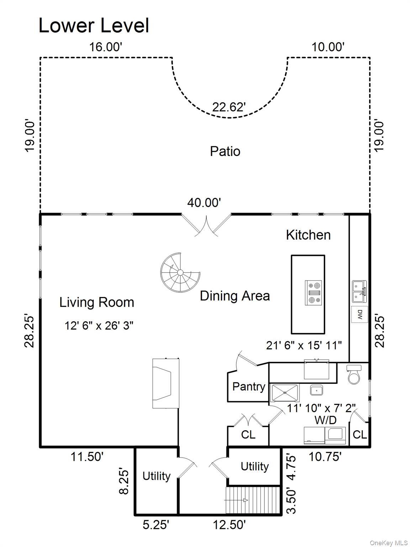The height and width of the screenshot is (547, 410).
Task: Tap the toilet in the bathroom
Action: pyautogui.click(x=354, y=375)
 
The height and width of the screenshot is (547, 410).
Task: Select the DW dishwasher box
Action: pyautogui.click(x=360, y=314)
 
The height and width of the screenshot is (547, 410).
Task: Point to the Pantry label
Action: pyautogui.click(x=249, y=387)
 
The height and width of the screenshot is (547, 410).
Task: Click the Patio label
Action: pyautogui.click(x=225, y=151)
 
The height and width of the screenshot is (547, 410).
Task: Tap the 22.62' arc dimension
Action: pyautogui.click(x=229, y=107)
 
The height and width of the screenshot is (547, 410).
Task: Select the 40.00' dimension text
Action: pyautogui.click(x=204, y=203)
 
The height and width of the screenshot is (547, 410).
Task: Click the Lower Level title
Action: pyautogui.click(x=94, y=26)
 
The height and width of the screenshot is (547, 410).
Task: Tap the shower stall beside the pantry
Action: pyautogui.click(x=285, y=393)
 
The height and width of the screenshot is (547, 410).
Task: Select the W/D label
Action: pyautogui.click(x=325, y=420)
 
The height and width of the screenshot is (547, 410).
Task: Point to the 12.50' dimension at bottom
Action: pyautogui.click(x=229, y=525)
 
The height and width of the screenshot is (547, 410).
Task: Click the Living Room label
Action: pyautogui.click(x=96, y=302)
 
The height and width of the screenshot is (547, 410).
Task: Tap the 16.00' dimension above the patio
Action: pyautogui.click(x=106, y=47)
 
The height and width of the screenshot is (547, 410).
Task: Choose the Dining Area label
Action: pyautogui.click(x=235, y=296)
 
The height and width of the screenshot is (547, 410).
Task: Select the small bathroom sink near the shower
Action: pyautogui.click(x=316, y=390)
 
